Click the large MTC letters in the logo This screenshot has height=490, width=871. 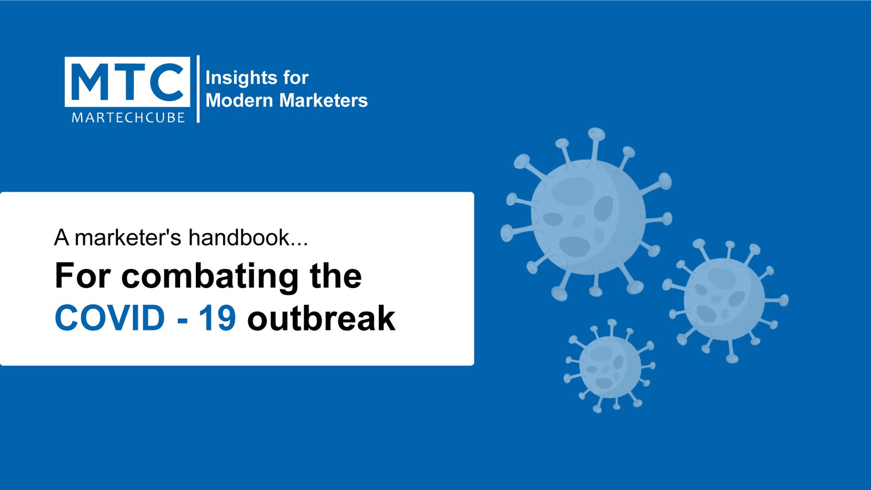point(127,82)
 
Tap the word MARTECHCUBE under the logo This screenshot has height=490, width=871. point(128,118)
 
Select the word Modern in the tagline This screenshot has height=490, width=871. point(239,100)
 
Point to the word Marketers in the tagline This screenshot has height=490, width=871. point(323,100)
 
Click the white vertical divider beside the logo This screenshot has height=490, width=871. point(198,89)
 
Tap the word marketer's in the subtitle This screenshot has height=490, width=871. point(128,237)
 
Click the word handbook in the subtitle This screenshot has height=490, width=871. point(239,237)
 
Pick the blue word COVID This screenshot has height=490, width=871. point(110,318)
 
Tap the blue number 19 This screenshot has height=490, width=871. point(217,318)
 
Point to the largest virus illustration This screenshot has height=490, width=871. point(587,215)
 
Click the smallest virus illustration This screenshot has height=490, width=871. point(610,366)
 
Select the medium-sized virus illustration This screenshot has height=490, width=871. point(725,300)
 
